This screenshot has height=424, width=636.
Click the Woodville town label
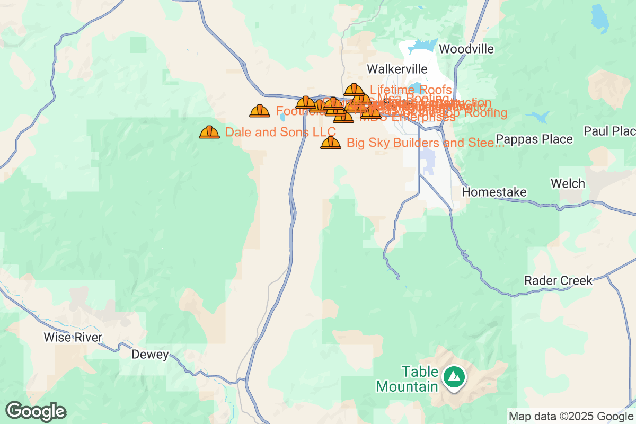tap(466, 49)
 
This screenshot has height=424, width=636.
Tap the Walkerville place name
tap(397, 69)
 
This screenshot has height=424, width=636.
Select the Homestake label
tap(494, 192)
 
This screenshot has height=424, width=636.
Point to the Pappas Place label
tap(534, 139)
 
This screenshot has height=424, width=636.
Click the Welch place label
tap(568, 184)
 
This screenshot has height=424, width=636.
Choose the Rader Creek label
tap(558, 280)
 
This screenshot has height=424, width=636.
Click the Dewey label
tap(150, 355)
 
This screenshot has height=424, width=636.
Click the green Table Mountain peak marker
tap(454, 377)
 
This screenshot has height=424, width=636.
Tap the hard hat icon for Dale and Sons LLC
tap(209, 132)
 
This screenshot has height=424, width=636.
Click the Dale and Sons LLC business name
tap(280, 132)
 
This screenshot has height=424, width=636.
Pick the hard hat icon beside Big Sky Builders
tap(331, 143)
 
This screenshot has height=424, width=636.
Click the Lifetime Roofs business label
tap(411, 90)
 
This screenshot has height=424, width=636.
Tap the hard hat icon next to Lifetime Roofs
tap(354, 90)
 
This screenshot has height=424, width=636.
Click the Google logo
tap(36, 411)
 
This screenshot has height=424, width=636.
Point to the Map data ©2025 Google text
tap(571, 416)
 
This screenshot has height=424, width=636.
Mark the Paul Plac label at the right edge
tap(609, 131)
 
